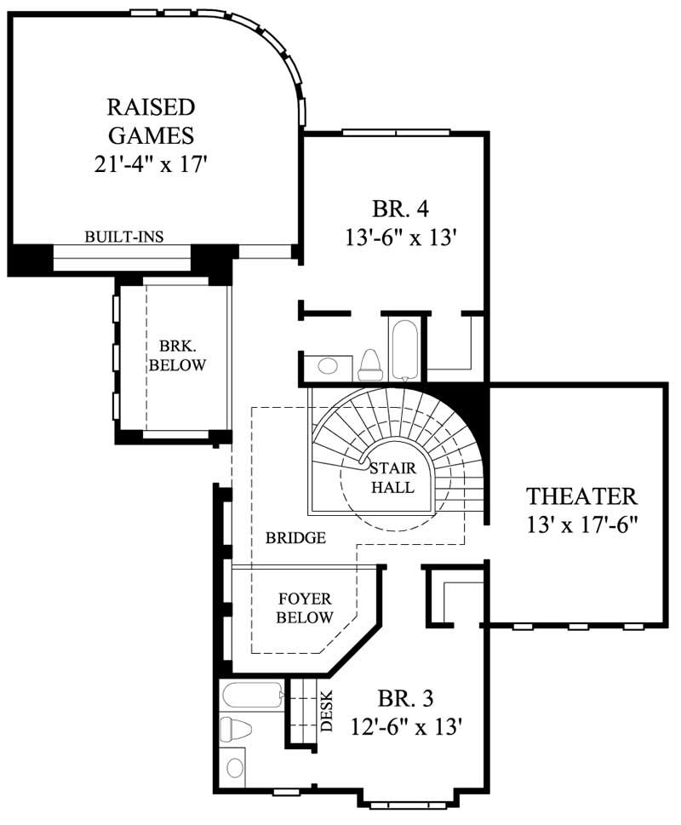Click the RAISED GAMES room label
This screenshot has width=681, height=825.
151,121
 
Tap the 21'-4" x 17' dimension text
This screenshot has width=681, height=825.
151,163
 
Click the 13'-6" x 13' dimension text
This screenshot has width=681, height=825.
403,238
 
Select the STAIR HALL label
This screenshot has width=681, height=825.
392,478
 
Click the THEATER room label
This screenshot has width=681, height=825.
581,496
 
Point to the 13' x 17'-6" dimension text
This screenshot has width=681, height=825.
581,524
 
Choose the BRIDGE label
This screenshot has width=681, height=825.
295,538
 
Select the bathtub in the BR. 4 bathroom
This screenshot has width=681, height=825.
403,349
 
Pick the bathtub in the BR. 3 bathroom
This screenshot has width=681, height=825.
252,696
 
